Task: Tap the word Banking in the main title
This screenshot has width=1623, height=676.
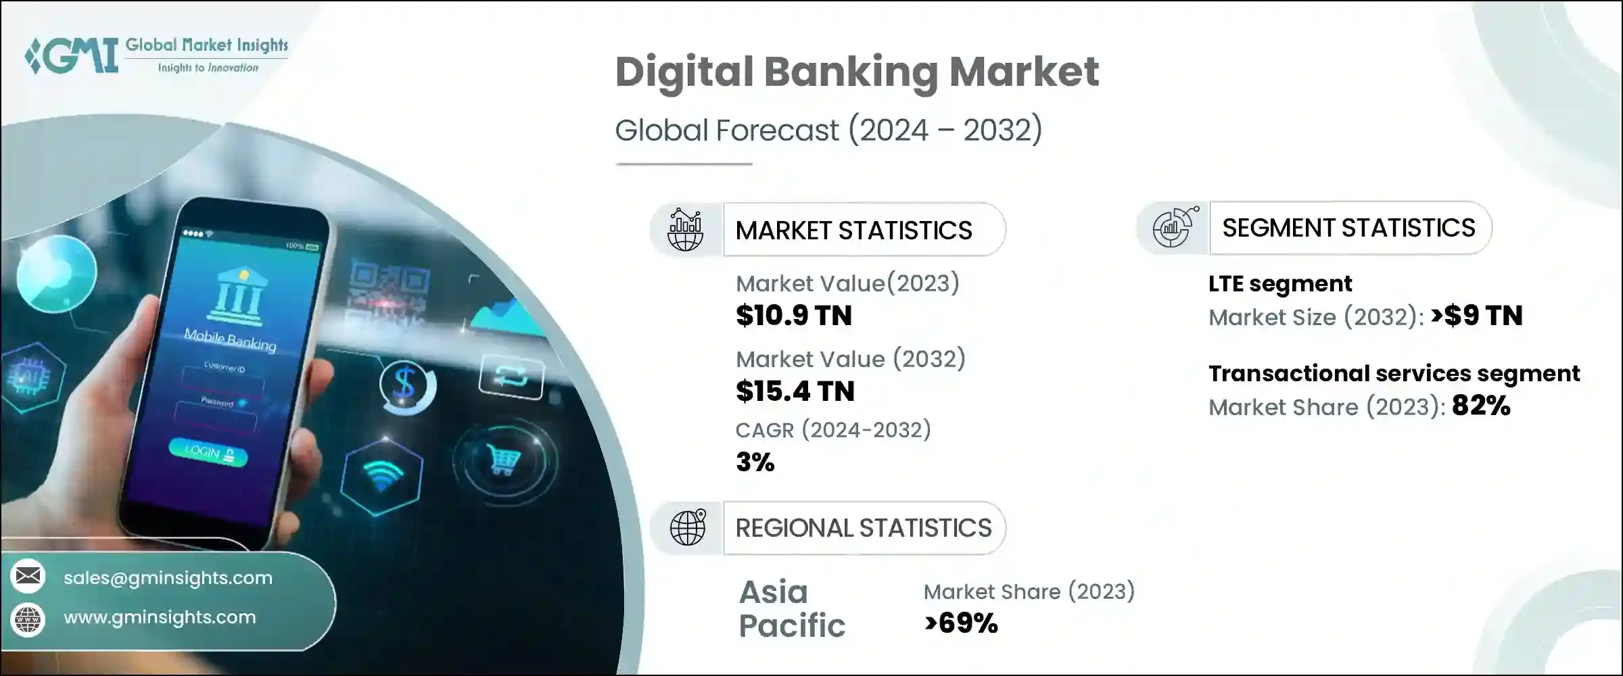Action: (851, 73)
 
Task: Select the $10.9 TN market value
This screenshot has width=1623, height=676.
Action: (794, 316)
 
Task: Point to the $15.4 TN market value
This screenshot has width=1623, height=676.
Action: (795, 391)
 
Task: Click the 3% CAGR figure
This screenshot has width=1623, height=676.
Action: (755, 462)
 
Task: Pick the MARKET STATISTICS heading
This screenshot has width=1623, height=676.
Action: (853, 231)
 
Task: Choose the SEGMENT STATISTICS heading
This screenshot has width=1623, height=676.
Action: (1348, 228)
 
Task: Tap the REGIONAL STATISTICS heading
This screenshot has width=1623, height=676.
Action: (864, 528)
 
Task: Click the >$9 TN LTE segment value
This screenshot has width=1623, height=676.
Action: (1477, 316)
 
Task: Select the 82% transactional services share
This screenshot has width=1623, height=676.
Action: (1481, 406)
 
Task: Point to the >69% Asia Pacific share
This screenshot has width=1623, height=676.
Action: (961, 623)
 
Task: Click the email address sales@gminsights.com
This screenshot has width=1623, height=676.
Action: (168, 578)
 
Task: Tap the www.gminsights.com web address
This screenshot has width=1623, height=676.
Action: (160, 617)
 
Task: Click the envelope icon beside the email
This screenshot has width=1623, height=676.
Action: (28, 577)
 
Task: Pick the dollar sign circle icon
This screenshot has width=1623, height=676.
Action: (406, 385)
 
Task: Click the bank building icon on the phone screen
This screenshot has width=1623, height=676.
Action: (238, 295)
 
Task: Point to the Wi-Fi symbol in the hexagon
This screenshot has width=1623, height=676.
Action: (382, 477)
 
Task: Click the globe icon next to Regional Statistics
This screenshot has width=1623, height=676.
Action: (688, 528)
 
